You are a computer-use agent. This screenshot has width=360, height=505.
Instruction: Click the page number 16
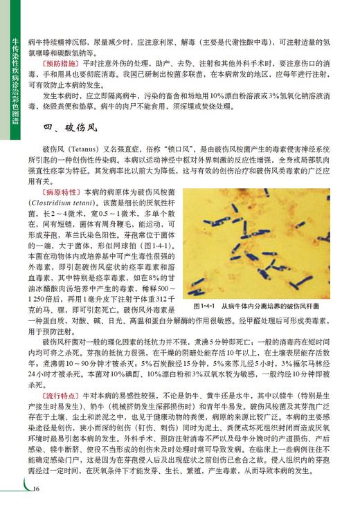tap(35, 488)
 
